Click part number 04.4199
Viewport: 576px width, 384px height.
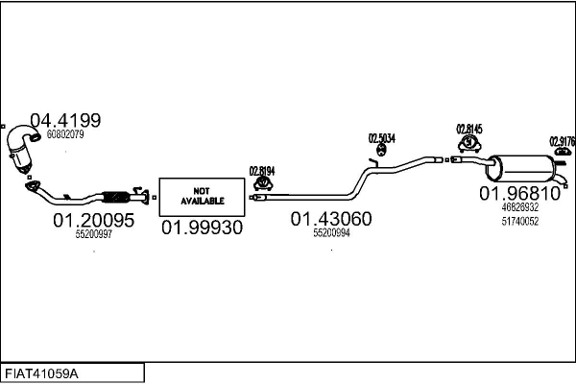coord(65,121)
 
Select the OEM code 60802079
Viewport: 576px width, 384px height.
coord(65,134)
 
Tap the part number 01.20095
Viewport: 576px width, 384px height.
coord(94,220)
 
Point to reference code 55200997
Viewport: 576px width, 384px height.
coord(94,234)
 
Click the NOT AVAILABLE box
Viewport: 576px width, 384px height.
coord(202,197)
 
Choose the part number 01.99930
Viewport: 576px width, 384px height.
coord(202,228)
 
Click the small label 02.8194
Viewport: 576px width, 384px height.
coord(262,171)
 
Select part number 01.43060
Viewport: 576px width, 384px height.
coord(331,219)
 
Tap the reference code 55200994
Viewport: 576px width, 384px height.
coord(331,232)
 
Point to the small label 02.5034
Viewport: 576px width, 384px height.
coord(382,138)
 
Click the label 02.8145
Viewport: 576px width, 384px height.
coord(469,130)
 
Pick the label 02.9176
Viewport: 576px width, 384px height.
coord(562,141)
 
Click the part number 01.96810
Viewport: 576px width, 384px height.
coord(519,193)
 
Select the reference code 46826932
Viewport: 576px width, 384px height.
coord(519,207)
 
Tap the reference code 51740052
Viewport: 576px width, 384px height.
coord(519,221)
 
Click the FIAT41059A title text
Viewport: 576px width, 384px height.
coord(41,374)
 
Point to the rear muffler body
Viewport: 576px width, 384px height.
coord(521,168)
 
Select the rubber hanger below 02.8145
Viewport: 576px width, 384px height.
coord(469,144)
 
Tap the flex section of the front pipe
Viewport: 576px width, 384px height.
coord(116,198)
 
